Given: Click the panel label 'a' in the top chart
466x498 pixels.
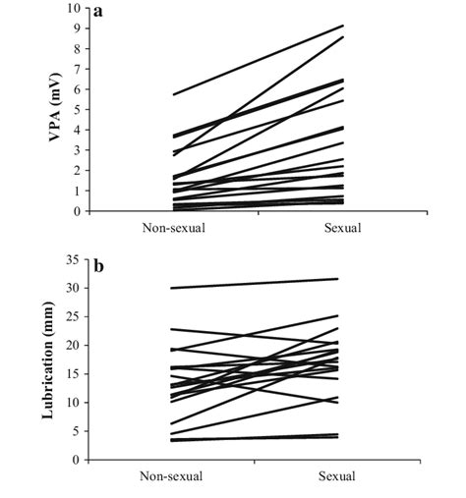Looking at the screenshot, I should pyautogui.click(x=99, y=14).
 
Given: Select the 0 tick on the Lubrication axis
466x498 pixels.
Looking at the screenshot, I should pyautogui.click(x=74, y=460).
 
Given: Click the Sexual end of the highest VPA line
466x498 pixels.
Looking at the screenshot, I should pyautogui.click(x=343, y=26).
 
